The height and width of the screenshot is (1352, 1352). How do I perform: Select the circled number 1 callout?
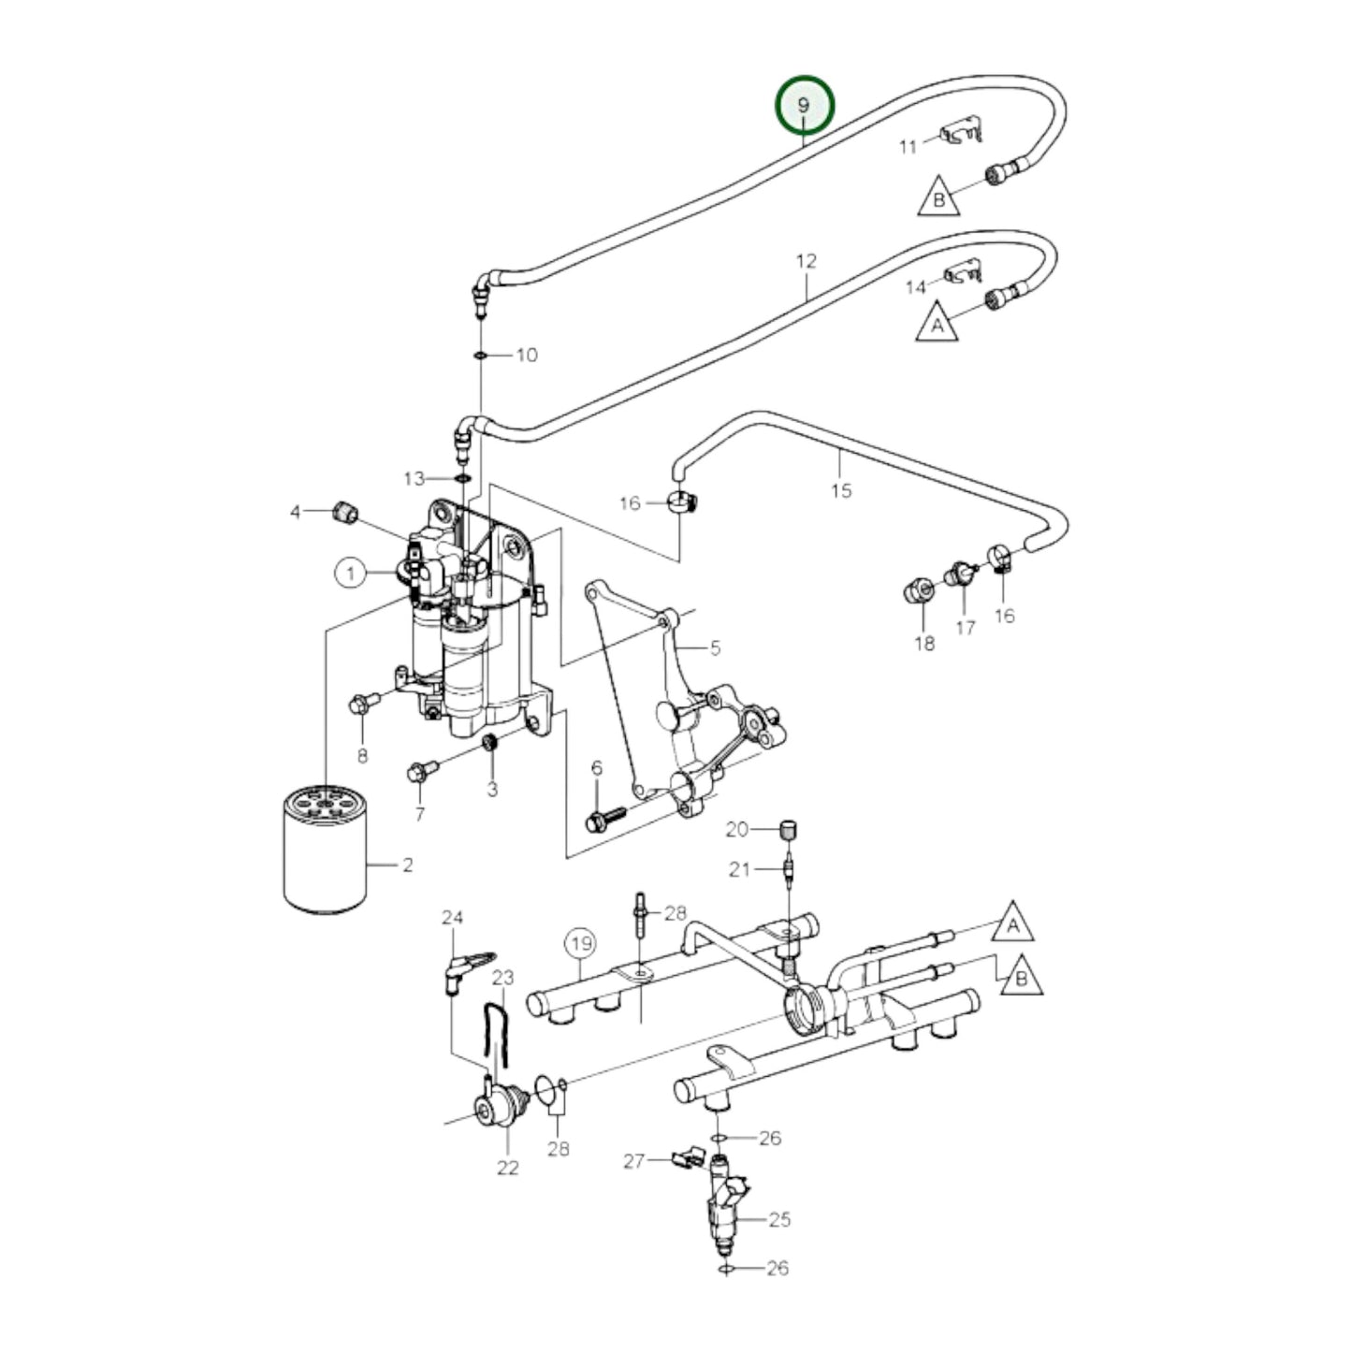[351, 573]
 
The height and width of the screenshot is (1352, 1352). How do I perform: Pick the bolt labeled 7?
[419, 772]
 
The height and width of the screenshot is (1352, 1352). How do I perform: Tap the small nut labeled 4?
[345, 512]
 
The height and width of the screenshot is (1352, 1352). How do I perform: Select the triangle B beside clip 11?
[938, 198]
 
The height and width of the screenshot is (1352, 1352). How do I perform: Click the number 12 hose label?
[807, 261]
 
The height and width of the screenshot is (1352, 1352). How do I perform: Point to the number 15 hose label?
[841, 490]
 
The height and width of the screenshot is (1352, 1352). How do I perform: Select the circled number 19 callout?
[580, 943]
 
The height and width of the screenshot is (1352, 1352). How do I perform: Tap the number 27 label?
[634, 1161]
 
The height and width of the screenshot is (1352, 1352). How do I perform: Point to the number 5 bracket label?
[715, 648]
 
